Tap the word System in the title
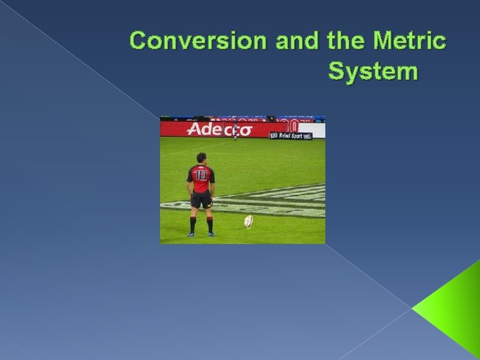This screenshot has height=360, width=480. (x=373, y=71)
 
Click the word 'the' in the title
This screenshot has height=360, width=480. (x=343, y=41)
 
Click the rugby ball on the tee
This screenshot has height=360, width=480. (x=249, y=221)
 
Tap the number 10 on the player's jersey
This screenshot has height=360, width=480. (x=200, y=175)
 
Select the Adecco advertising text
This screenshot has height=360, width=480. (x=219, y=129)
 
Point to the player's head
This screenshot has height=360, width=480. (x=200, y=158)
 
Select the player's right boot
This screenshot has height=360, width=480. (x=211, y=233)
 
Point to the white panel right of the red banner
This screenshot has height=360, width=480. (x=318, y=130)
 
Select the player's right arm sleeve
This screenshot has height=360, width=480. (x=213, y=175)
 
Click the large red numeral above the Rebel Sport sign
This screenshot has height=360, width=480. (x=291, y=125)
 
